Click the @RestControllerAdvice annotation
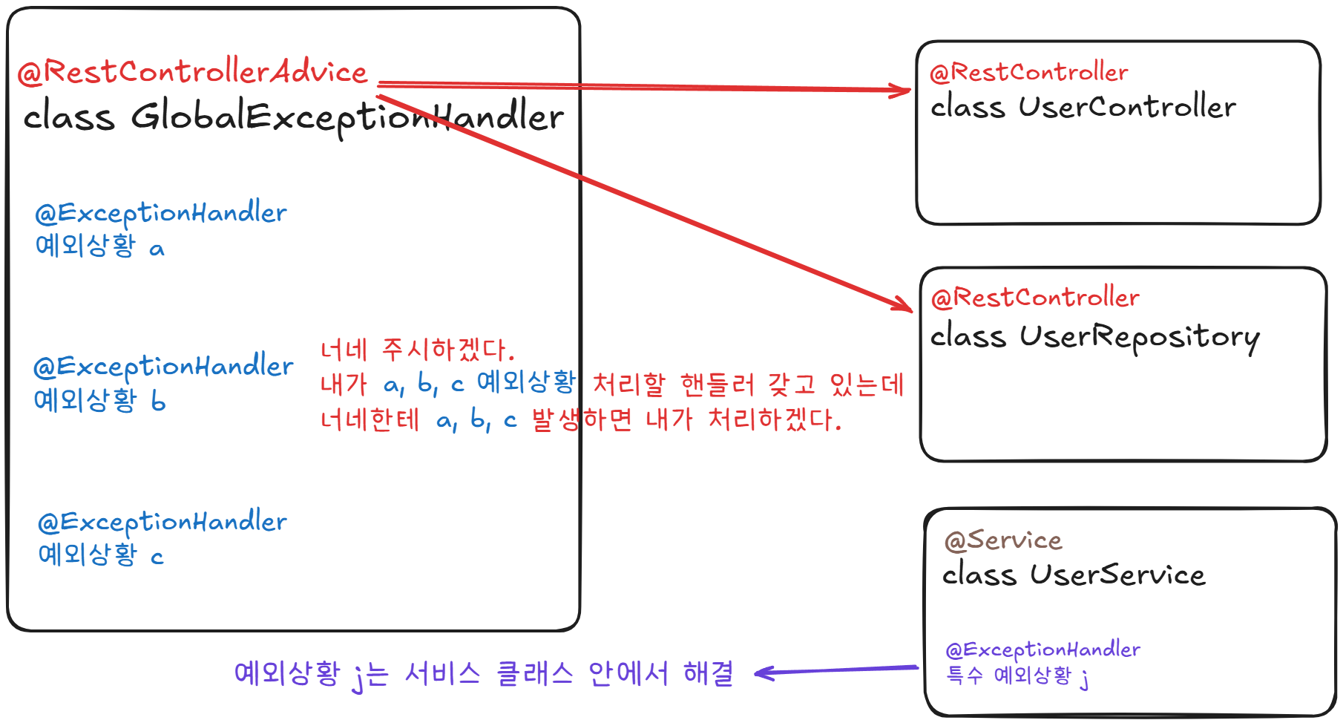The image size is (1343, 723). point(191,72)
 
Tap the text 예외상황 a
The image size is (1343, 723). point(99,246)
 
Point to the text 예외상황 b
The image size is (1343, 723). point(99,401)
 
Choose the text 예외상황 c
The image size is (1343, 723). point(100,554)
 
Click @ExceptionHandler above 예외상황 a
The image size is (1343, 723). point(160,213)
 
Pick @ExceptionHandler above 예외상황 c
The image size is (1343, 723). point(162,522)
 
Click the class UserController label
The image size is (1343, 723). point(1083,108)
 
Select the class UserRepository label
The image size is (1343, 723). point(1094,337)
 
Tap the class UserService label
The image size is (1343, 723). point(1073,575)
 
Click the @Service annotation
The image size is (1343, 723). point(1002,540)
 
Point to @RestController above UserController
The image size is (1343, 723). point(1028,73)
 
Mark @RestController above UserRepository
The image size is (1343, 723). point(1034,298)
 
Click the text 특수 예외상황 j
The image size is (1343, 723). point(1017,676)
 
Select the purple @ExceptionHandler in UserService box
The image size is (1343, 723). point(1042,650)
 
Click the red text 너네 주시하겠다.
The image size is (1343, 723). point(417,350)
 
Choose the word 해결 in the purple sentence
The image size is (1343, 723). point(708,673)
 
